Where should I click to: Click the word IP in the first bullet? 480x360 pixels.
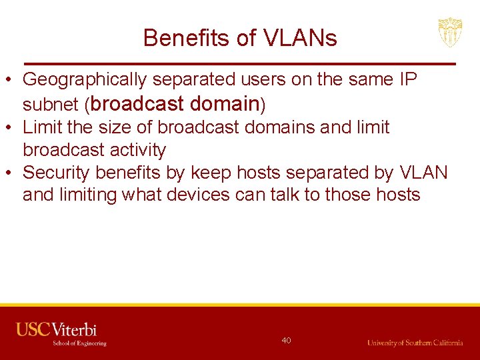coord(408,79)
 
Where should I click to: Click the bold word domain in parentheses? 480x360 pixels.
coord(224,103)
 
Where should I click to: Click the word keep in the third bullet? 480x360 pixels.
coord(211,172)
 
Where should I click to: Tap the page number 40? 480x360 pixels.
coord(286,341)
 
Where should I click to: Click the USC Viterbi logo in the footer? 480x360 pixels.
coord(60,333)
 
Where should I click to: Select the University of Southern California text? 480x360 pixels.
coord(415,343)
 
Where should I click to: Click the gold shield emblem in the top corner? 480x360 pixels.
coord(450,32)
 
